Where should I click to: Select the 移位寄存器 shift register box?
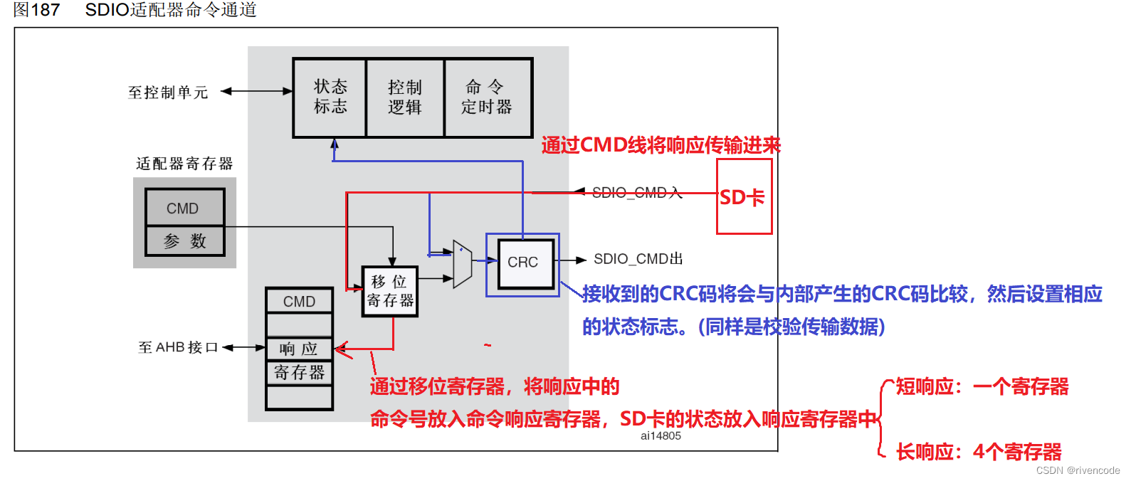390,291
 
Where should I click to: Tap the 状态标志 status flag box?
330,97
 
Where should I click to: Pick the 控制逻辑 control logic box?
405,97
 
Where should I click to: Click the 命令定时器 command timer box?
488,97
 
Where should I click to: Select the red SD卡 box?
744,196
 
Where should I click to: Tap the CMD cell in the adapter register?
184,208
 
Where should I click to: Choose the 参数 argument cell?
184,241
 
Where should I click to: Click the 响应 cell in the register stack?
299,349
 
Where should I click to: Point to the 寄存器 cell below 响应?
299,372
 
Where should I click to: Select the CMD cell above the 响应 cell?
299,301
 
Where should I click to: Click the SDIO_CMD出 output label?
638,259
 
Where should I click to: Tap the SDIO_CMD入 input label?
637,192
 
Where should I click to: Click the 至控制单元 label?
168,92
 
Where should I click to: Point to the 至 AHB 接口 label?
178,347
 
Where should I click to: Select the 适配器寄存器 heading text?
184,164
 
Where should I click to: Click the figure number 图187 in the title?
36,10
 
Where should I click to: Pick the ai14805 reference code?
661,435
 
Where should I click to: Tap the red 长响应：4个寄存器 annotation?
979,452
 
